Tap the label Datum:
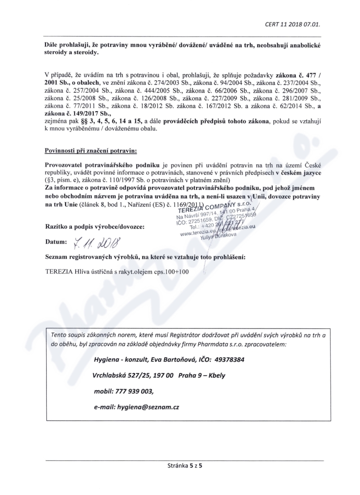pyautogui.click(x=55, y=243)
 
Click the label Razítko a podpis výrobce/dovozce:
pyautogui.click(x=94, y=226)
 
